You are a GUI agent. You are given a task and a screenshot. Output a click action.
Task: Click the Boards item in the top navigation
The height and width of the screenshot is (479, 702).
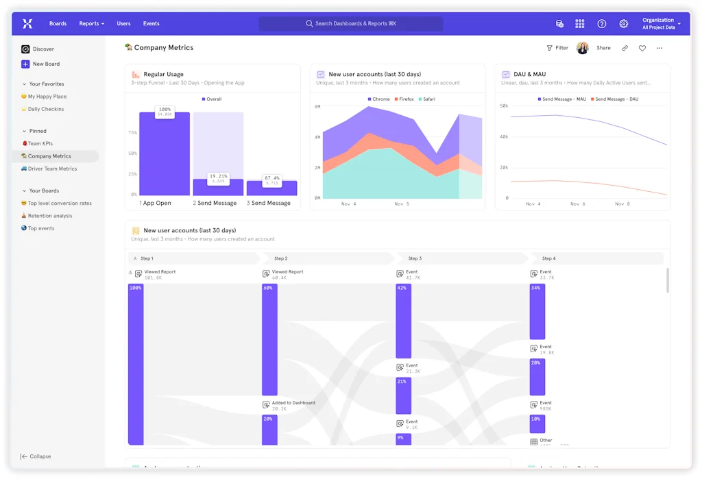tap(58, 24)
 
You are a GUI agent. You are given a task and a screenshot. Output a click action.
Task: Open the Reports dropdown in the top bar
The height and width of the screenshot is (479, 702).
tap(91, 24)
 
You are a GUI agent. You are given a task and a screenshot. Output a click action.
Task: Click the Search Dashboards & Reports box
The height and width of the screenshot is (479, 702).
tap(350, 24)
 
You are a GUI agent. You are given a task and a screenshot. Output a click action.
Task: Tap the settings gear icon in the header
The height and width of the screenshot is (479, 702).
tap(623, 24)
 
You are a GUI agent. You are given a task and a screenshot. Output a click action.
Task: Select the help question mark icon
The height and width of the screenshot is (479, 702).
tap(601, 24)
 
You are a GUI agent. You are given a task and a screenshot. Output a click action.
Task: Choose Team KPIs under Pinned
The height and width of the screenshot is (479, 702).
tap(40, 144)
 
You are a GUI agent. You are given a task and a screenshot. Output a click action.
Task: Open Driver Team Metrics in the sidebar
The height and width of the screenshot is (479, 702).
tap(52, 169)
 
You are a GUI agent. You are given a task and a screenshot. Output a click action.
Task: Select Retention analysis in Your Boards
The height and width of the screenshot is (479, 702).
tap(49, 216)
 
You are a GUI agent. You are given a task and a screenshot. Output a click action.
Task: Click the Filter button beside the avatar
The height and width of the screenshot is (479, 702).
tap(557, 48)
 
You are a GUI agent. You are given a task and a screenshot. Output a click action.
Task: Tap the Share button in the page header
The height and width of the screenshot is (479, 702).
tap(603, 48)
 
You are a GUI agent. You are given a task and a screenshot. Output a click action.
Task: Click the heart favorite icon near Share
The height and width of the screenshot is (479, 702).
tap(642, 48)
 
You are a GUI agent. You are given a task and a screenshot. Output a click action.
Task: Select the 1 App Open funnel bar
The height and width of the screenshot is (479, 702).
tap(165, 154)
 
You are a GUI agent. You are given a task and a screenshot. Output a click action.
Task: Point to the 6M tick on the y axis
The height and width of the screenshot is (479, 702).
tap(317, 107)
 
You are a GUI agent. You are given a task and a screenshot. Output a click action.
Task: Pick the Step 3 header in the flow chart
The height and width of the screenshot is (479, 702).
tap(415, 258)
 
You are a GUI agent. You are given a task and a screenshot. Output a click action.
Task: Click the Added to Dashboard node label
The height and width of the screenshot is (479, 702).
tap(293, 403)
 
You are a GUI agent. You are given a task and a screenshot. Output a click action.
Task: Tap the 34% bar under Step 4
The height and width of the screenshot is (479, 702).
tap(537, 312)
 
